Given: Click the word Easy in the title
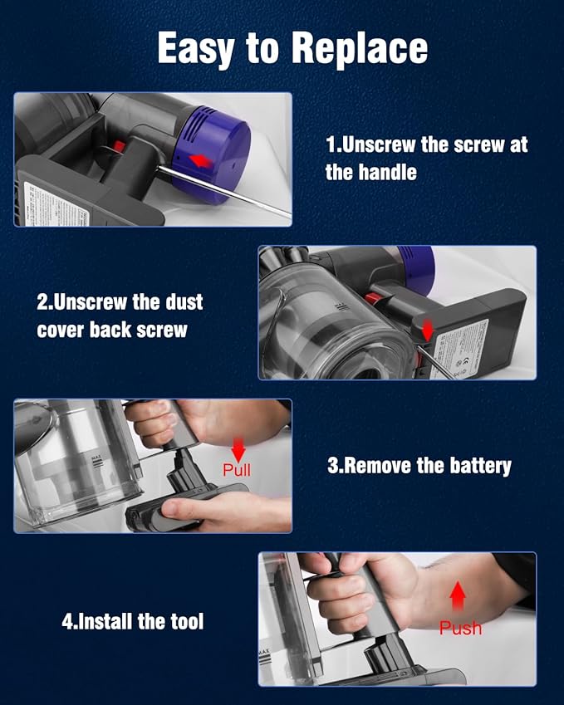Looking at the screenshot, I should (x=195, y=49).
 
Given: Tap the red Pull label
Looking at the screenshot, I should (x=237, y=470).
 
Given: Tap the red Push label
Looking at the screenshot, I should (x=460, y=628).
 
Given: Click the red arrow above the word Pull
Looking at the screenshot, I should (x=238, y=449).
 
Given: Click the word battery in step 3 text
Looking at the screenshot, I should (x=475, y=465).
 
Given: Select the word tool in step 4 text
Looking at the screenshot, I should (x=185, y=620).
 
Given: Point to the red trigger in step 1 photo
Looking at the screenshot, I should (x=119, y=147).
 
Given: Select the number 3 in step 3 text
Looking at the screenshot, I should (x=334, y=465).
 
